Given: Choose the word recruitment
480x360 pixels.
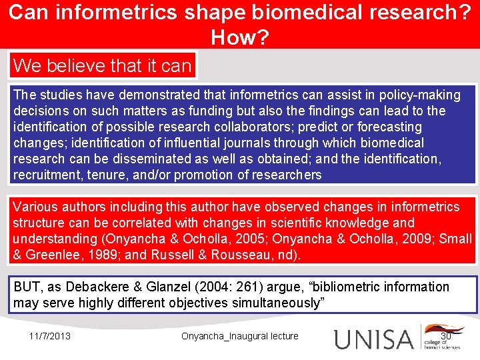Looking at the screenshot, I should (47, 175).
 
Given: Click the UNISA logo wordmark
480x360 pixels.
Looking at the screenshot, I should (374, 338).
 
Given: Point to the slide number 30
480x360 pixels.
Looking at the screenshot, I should (447, 336).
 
